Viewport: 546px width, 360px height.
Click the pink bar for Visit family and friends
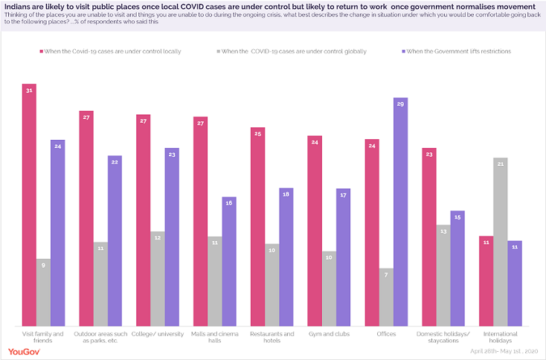tap(29, 205)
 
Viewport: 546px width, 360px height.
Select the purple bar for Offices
tap(400, 212)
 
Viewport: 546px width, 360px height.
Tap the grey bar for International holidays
tap(501, 242)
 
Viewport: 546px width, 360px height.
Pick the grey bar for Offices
tap(386, 297)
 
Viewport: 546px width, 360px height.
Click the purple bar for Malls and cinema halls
tap(229, 261)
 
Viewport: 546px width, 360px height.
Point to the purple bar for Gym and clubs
tap(344, 257)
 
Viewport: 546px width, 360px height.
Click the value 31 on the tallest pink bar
tap(29, 90)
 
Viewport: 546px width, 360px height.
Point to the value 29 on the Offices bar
tap(400, 104)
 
